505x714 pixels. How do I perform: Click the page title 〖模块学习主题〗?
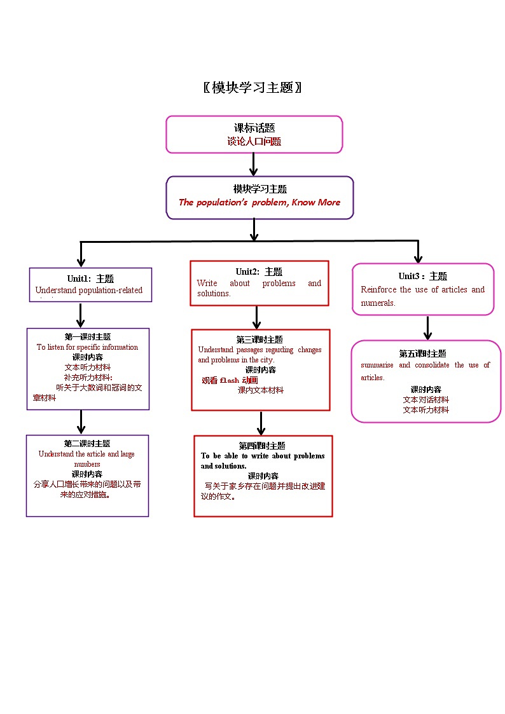coord(253,88)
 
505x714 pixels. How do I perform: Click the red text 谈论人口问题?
coord(254,142)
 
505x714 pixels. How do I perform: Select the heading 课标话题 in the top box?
coord(254,128)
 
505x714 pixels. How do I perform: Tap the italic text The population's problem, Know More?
coord(259,202)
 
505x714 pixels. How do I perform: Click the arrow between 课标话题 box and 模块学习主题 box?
coord(254,164)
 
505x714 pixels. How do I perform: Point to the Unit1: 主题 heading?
coord(90,278)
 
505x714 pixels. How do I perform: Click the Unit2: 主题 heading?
coord(259,272)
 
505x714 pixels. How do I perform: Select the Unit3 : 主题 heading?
coord(423,276)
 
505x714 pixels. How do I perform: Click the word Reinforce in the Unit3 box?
coord(378,290)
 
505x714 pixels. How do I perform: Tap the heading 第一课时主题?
coord(88,337)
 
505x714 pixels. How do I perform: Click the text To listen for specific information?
coord(87,347)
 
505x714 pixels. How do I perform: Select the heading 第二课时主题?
coord(87,444)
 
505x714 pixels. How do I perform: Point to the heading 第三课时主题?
coord(259,340)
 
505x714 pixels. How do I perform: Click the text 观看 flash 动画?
coord(230,380)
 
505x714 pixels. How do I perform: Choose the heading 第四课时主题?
coord(262,446)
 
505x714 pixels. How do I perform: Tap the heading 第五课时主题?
coord(423,354)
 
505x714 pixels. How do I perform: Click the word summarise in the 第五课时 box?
coord(377,365)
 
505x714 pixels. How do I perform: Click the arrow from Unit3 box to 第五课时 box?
coord(428,327)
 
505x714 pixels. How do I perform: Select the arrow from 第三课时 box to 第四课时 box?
coord(261,423)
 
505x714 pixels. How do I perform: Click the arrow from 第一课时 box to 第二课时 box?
coord(81,422)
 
